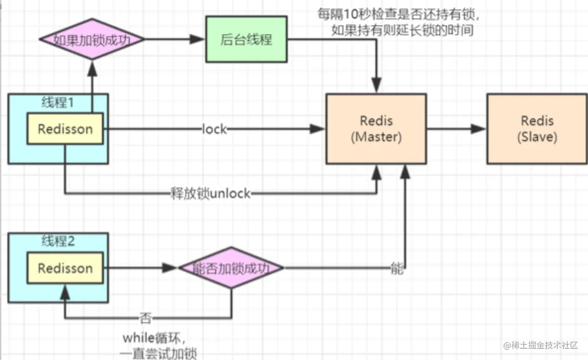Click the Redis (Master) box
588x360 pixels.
coord(376,129)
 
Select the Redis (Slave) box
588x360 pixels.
coord(537,129)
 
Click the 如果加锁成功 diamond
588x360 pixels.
coord(92,40)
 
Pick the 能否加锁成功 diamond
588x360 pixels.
coord(231,268)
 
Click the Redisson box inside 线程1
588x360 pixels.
coord(65,129)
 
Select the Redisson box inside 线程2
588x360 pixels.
coord(65,268)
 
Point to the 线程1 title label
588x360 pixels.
coord(58,102)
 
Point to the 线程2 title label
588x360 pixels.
coord(58,241)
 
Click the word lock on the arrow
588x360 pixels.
coord(214,129)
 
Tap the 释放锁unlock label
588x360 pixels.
coord(210,193)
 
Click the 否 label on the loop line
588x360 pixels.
coord(145,319)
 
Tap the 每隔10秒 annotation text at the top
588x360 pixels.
coord(399,22)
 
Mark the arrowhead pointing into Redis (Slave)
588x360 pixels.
coord(480,129)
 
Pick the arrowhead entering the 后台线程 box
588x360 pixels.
coord(199,40)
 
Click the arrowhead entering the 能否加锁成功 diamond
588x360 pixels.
coord(171,268)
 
